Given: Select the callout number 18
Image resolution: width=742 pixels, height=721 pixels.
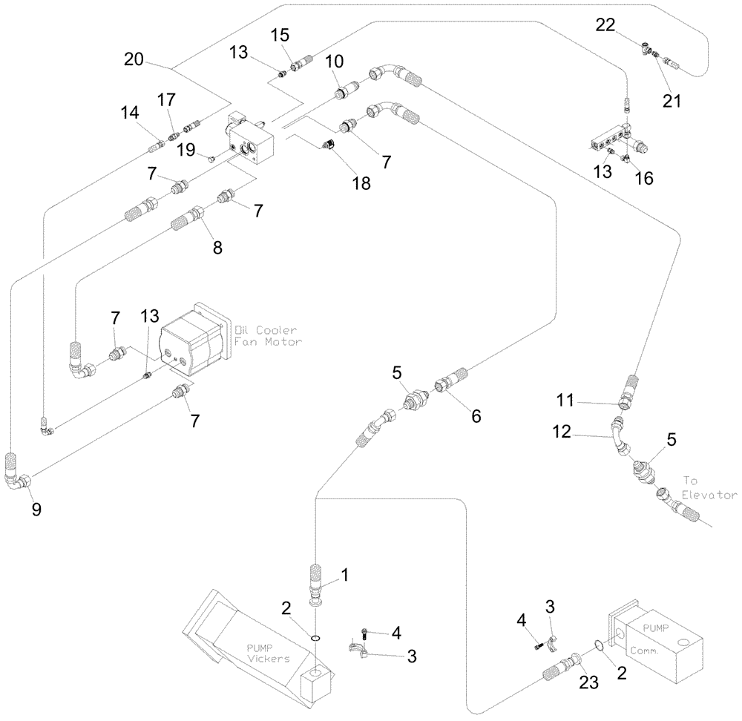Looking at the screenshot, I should [x=361, y=183].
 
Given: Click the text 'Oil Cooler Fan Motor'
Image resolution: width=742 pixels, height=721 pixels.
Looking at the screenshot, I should [x=266, y=335].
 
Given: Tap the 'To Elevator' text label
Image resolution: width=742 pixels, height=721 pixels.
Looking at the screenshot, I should [x=709, y=487].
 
